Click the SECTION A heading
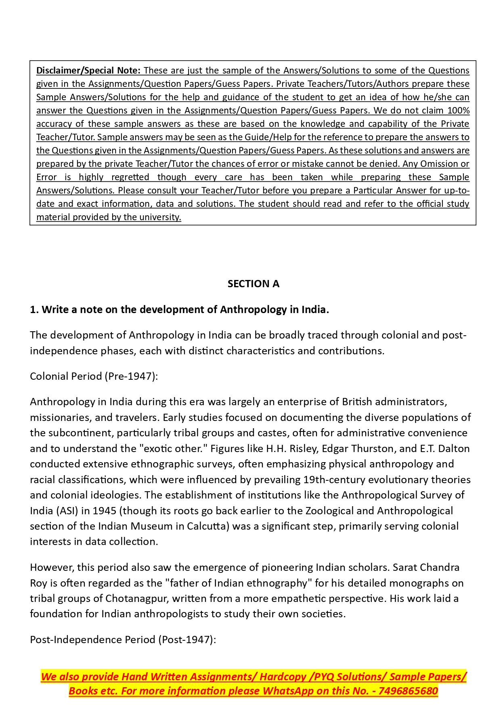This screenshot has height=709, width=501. pos(253,284)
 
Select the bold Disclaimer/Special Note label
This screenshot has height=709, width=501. pos(88,71)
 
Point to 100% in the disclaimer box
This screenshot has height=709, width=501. pos(458,111)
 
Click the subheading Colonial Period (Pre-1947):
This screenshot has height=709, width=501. pos(94,377)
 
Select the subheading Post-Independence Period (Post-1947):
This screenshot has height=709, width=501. pos(123,640)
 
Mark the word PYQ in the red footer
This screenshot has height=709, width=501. pos(323,677)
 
